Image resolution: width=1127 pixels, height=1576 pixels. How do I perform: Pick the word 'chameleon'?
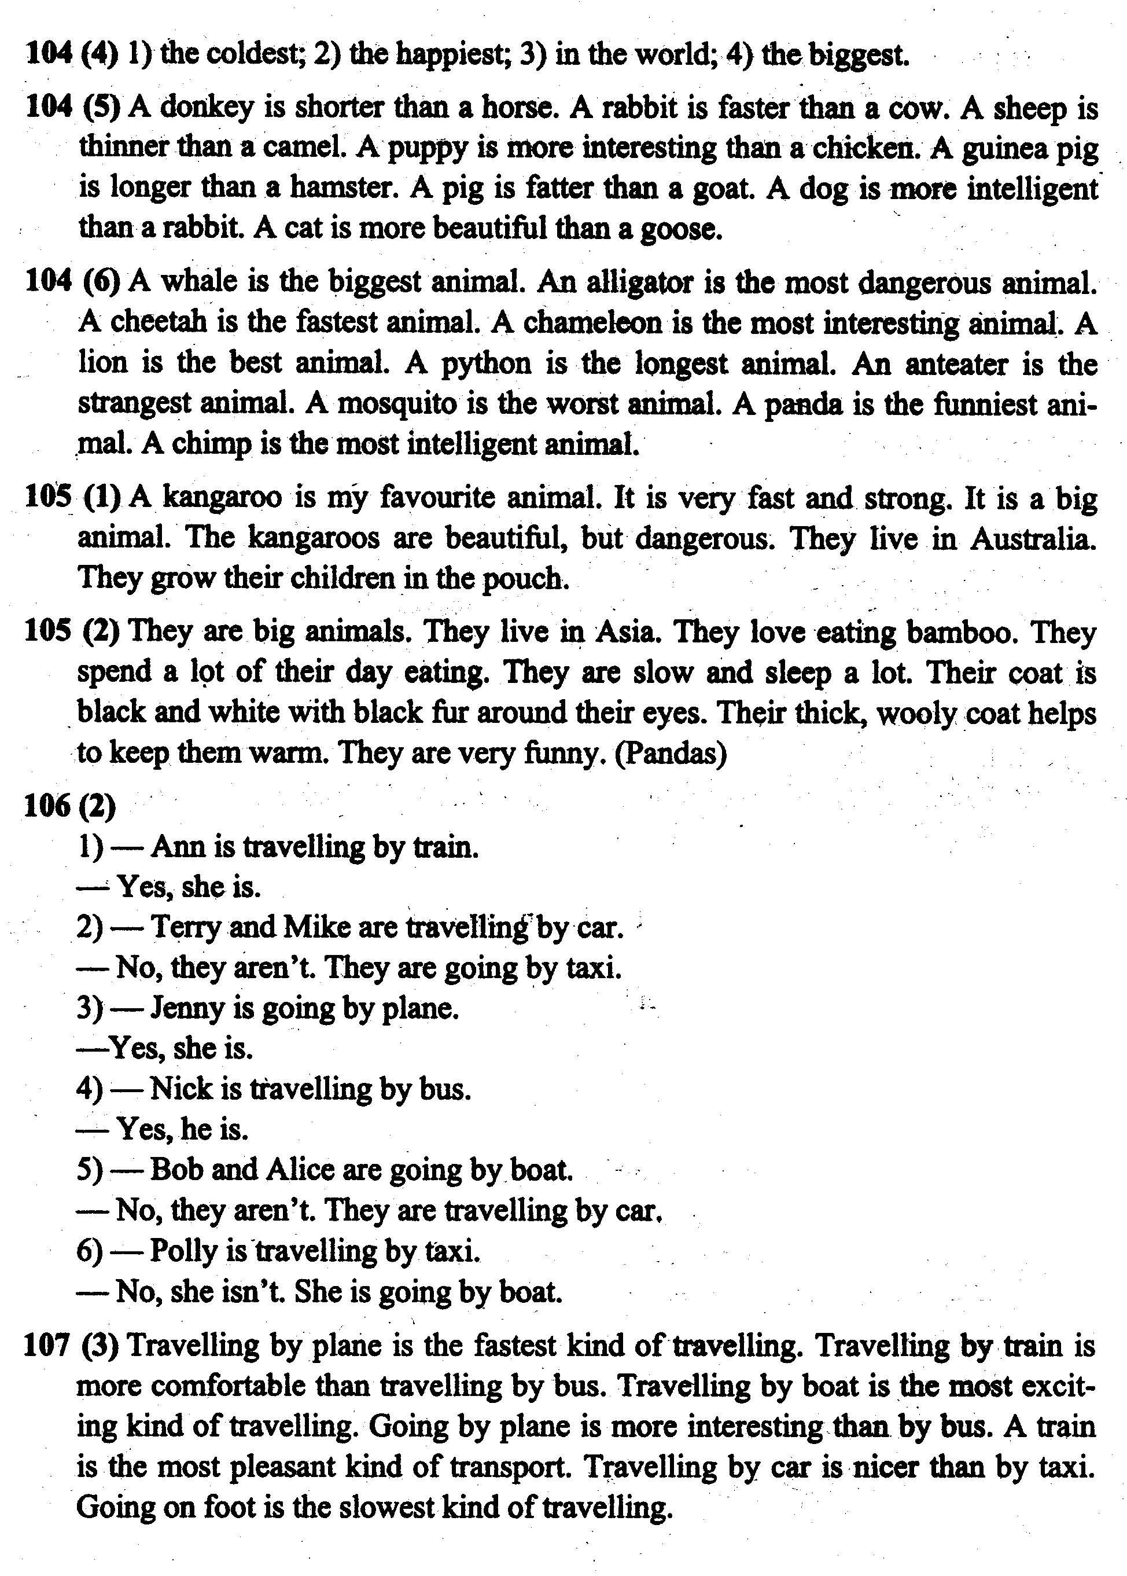point(591,322)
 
